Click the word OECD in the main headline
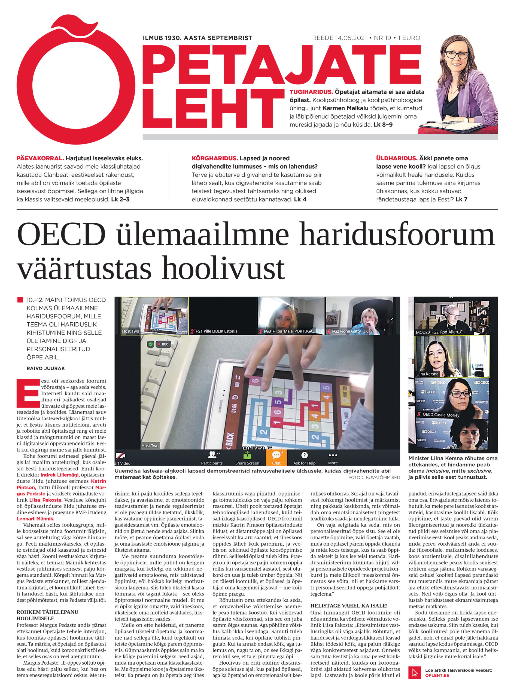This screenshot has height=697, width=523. pos(61,235)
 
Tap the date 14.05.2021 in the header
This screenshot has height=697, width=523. pos(339,38)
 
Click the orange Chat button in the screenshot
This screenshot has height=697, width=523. pos(276,457)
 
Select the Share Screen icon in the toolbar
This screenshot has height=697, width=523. pos(247,455)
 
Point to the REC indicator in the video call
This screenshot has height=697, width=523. pos(163,344)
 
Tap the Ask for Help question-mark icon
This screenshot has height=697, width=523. pos(304,455)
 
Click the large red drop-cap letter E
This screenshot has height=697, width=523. pos(28,393)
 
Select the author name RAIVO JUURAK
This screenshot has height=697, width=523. pos(46,368)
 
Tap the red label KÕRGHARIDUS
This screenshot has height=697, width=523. pos(215,158)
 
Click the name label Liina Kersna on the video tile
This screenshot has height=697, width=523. pos(427,374)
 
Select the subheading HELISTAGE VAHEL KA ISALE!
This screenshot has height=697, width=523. pos(349,606)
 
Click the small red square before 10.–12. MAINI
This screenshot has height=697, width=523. pos(20,300)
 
